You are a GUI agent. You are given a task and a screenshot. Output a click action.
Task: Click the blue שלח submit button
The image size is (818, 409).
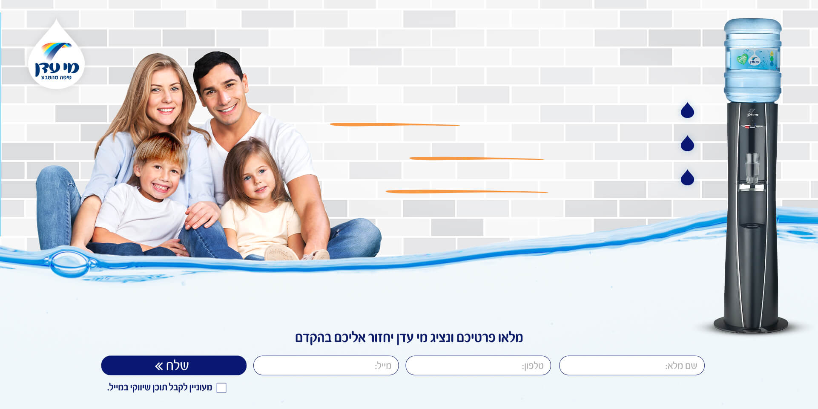[174, 366]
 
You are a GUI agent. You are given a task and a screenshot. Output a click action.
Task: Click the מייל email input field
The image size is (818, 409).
[326, 366]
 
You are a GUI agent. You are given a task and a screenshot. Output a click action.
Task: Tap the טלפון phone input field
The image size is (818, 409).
[478, 366]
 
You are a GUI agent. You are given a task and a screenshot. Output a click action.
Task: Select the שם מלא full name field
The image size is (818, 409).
[632, 366]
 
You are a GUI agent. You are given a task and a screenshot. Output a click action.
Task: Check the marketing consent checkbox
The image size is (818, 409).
[221, 388]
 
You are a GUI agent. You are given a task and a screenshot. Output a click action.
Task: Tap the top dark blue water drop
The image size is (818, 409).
[687, 110]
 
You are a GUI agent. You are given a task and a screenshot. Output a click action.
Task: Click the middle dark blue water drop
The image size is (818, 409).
[687, 144]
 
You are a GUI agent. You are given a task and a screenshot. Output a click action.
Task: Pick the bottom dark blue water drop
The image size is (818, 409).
[687, 177]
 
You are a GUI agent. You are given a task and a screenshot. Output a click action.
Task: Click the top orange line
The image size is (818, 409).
[395, 125]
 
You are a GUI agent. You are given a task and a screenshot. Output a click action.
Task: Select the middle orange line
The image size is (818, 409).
[476, 158]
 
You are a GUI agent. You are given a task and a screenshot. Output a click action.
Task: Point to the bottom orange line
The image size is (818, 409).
[467, 192]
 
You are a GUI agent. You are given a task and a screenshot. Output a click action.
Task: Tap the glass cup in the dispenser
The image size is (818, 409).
[752, 168]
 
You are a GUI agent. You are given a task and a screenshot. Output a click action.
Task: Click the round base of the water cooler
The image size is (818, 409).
[751, 325]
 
